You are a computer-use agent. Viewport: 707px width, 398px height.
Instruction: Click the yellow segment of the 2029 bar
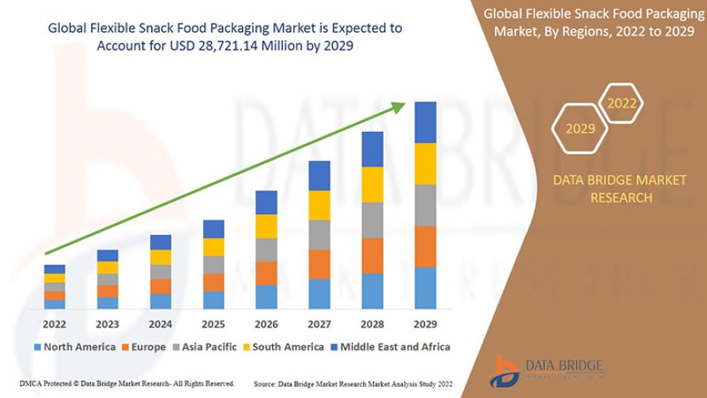coord(425,164)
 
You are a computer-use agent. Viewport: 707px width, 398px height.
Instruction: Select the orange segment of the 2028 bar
coord(372,256)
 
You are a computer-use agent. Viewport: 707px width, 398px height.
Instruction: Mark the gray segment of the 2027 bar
coord(319,234)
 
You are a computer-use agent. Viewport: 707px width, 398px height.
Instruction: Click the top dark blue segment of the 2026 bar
coord(267,203)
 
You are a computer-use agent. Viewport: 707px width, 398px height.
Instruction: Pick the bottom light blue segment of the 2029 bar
coord(425,288)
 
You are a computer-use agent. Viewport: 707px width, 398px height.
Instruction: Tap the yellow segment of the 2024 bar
coord(161,257)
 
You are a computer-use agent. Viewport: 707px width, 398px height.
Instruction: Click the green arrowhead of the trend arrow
coord(400,107)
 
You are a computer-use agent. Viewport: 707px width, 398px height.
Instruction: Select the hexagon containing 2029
coord(580,129)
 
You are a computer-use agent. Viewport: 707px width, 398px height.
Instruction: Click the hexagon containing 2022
coord(622,103)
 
